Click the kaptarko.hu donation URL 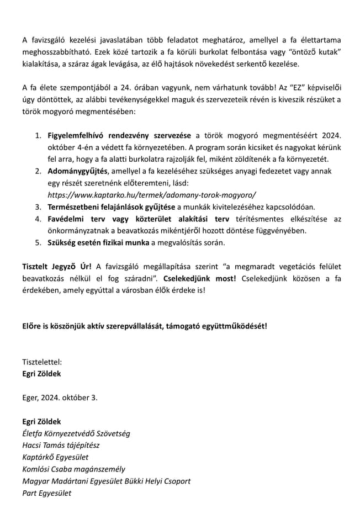pos(152,195)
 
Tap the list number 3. pos(38,207)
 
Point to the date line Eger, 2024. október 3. pos(60,397)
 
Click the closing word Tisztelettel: pos(42,362)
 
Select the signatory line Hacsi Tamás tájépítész pos(61,445)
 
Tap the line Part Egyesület pos(47,493)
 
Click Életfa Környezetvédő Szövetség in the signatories pos(76,433)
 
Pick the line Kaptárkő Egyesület pos(55,457)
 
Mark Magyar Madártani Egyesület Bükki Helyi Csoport pos(106,481)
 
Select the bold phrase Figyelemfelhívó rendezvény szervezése pos(120,135)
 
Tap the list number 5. pos(38,242)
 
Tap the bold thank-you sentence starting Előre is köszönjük pos(145,326)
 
